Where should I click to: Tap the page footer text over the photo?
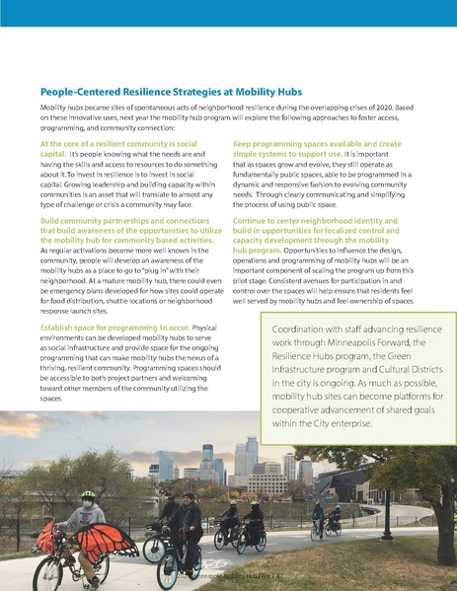point(217,572)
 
